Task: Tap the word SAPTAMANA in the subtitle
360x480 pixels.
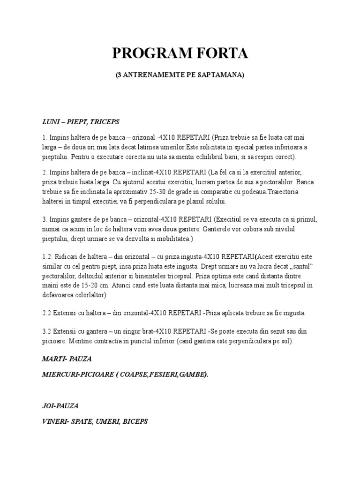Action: tap(220, 75)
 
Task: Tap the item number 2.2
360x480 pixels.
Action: tap(47, 313)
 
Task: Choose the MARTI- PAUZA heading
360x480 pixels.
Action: tap(67, 359)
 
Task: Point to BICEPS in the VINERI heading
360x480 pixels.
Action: tap(135, 421)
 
